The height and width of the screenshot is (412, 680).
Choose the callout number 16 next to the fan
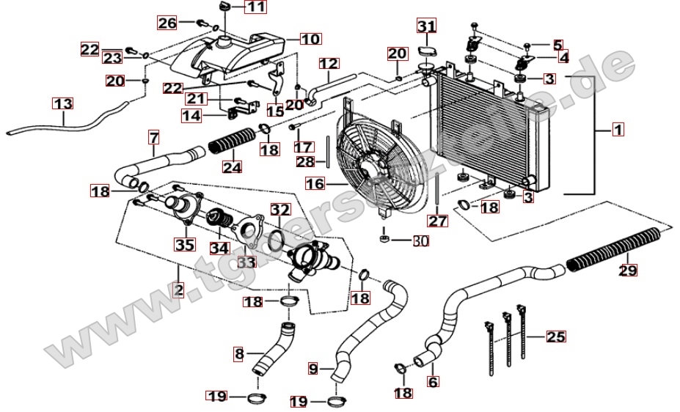(x=315, y=185)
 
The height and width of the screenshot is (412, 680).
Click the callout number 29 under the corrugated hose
(x=628, y=271)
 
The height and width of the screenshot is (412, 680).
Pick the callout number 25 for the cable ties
(x=556, y=337)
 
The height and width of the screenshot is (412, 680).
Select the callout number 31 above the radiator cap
(x=427, y=27)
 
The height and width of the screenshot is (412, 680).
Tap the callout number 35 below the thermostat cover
(x=183, y=244)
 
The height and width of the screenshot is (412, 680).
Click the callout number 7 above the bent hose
(x=153, y=137)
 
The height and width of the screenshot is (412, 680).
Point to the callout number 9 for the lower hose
(x=313, y=369)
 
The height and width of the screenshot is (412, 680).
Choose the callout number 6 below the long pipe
(x=432, y=381)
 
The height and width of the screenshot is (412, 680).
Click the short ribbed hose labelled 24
(x=231, y=144)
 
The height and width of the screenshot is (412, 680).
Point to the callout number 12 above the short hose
(x=329, y=64)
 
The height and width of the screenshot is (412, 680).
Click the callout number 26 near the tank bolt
(x=167, y=23)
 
